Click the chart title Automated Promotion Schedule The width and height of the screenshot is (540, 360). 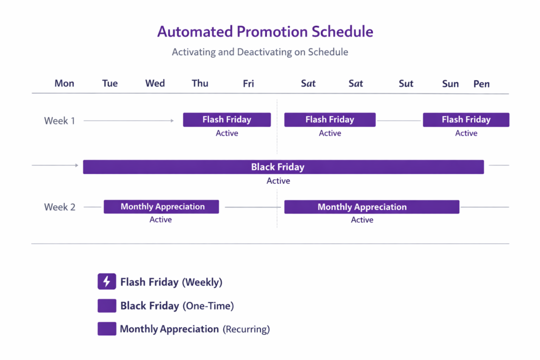click(x=265, y=32)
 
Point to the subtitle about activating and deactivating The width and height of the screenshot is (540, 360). click(x=260, y=52)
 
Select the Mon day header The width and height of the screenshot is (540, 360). click(x=64, y=83)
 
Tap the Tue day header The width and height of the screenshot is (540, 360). click(x=110, y=83)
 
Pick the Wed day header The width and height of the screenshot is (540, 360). click(x=155, y=83)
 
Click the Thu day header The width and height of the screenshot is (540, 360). click(x=200, y=83)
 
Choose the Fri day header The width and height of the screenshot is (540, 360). click(x=248, y=83)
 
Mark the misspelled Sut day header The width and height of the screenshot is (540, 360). click(x=406, y=83)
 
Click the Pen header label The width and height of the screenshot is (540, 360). click(x=481, y=84)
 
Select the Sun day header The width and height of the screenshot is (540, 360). click(x=450, y=84)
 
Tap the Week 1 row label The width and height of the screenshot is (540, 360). click(x=60, y=121)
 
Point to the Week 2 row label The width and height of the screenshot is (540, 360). click(x=60, y=207)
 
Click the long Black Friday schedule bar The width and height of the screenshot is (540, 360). click(x=283, y=167)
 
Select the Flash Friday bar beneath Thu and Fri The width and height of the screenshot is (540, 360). click(x=227, y=120)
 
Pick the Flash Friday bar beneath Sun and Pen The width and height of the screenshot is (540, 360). click(x=466, y=120)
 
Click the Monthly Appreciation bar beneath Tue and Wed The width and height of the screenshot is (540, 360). click(x=161, y=207)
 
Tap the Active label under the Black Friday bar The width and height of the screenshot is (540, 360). click(x=278, y=181)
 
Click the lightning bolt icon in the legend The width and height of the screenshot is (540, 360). click(x=107, y=282)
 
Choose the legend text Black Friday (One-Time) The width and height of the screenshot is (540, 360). click(x=177, y=306)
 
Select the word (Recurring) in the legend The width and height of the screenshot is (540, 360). click(x=246, y=329)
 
